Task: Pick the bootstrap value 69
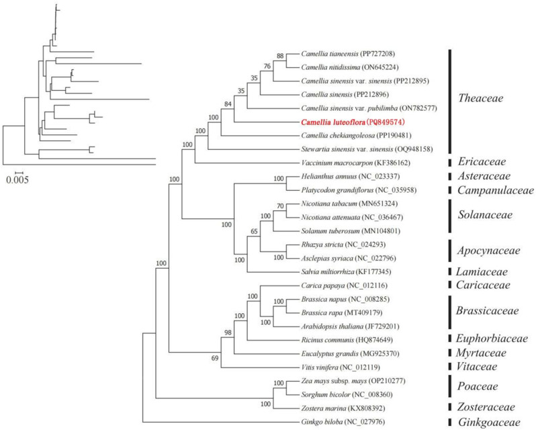(x=215, y=358)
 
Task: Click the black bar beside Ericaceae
(x=449, y=163)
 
